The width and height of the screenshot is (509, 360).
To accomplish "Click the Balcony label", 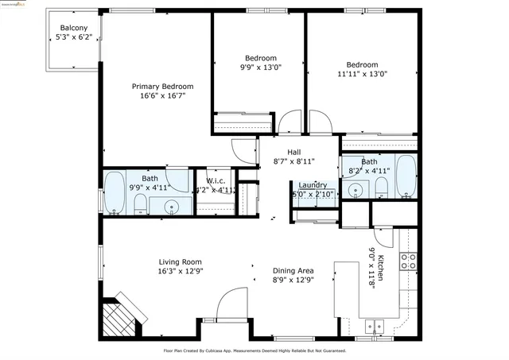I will pyautogui.click(x=74, y=28).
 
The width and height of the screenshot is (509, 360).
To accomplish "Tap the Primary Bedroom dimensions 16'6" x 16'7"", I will pyautogui.click(x=162, y=96).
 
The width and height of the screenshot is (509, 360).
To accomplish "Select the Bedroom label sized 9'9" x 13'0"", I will pyautogui.click(x=260, y=58).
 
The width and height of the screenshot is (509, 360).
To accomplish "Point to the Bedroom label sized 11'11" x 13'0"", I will pyautogui.click(x=362, y=64).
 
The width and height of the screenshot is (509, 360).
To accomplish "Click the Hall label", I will pyautogui.click(x=293, y=151).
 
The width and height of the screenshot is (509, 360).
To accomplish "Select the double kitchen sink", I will pyautogui.click(x=375, y=326).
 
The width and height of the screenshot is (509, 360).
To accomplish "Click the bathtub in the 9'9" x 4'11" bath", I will pyautogui.click(x=115, y=193).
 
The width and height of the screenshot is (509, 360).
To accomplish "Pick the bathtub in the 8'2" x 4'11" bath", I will pyautogui.click(x=406, y=177).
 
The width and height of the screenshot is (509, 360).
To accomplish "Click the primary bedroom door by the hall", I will pyautogui.click(x=241, y=150).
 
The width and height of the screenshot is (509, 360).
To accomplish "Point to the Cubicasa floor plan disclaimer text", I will pyautogui.click(x=254, y=350).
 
